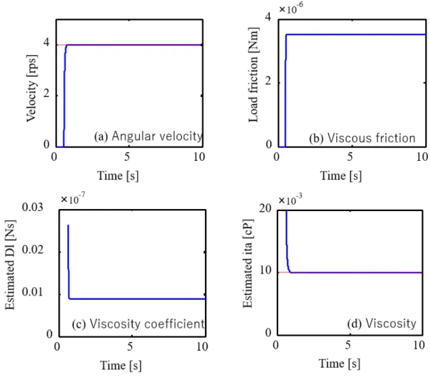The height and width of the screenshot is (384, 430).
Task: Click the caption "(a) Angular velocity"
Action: click(148, 136)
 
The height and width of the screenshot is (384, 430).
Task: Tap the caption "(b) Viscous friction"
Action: click(363, 138)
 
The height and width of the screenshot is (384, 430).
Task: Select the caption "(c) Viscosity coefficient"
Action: click(138, 324)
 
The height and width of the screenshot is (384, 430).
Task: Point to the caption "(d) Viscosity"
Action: click(382, 324)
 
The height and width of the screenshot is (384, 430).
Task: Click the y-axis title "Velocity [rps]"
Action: click(31, 89)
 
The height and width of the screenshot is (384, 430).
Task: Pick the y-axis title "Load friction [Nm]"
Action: click(253, 75)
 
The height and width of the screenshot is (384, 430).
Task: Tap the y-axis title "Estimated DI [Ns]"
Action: click(10, 265)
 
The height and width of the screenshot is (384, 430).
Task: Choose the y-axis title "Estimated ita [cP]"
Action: click(248, 264)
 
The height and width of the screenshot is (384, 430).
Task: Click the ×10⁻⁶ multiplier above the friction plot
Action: click(291, 9)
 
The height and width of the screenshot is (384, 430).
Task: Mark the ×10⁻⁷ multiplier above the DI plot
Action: click(73, 198)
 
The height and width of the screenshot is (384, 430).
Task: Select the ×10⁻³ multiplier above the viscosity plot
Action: click(290, 199)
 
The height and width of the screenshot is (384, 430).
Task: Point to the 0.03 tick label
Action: click(33, 208)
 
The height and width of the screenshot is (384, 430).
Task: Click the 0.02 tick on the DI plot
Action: click(33, 250)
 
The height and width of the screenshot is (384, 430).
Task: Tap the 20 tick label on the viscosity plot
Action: click(265, 208)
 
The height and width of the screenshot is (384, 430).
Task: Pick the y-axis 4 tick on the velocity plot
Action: click(46, 43)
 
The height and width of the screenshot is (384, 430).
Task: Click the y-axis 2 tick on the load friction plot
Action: click(268, 81)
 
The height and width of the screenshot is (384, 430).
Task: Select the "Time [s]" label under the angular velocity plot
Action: click(118, 176)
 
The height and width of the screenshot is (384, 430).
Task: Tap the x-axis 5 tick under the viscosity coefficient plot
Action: click(130, 346)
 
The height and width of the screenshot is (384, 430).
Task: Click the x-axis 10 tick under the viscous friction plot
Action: click(423, 157)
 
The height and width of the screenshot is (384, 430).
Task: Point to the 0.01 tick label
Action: click(33, 292)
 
